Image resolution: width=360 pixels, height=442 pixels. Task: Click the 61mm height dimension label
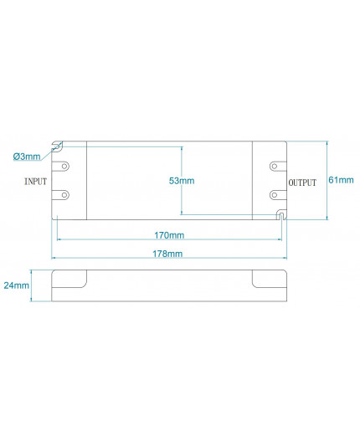click(x=341, y=180)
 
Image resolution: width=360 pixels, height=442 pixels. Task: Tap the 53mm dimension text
click(x=181, y=180)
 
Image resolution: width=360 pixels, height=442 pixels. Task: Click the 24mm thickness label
click(x=15, y=285)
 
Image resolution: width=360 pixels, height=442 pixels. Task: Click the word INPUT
click(x=36, y=181)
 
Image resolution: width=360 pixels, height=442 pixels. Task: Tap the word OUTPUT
click(x=302, y=182)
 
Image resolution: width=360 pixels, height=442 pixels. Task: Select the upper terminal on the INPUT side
click(x=63, y=167)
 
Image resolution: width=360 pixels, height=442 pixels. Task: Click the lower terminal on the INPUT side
click(x=63, y=195)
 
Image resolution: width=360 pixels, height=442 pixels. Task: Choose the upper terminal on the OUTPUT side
click(x=276, y=167)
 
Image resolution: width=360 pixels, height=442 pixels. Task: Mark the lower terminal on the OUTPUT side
click(x=276, y=195)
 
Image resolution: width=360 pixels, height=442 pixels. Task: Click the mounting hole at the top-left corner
click(x=58, y=146)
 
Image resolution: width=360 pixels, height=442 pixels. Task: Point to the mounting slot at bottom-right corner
click(x=282, y=216)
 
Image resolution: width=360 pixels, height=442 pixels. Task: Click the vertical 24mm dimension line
click(x=31, y=285)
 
